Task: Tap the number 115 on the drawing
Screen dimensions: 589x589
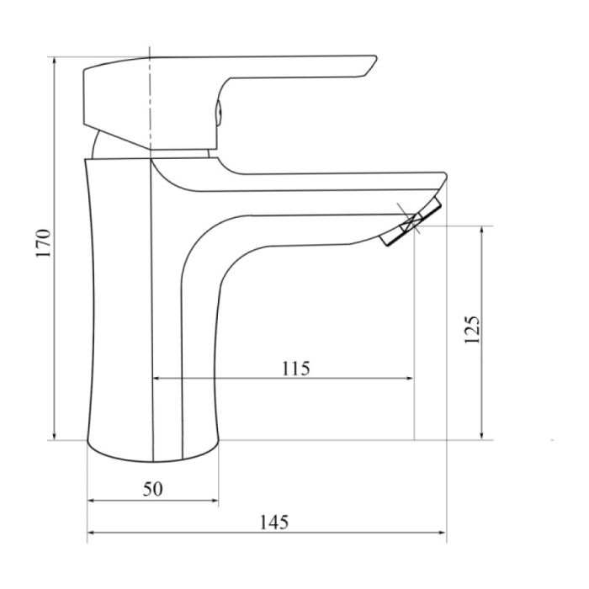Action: (x=295, y=368)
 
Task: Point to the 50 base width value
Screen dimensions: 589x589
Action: (x=151, y=489)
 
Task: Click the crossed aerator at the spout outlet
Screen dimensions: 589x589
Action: (x=411, y=225)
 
